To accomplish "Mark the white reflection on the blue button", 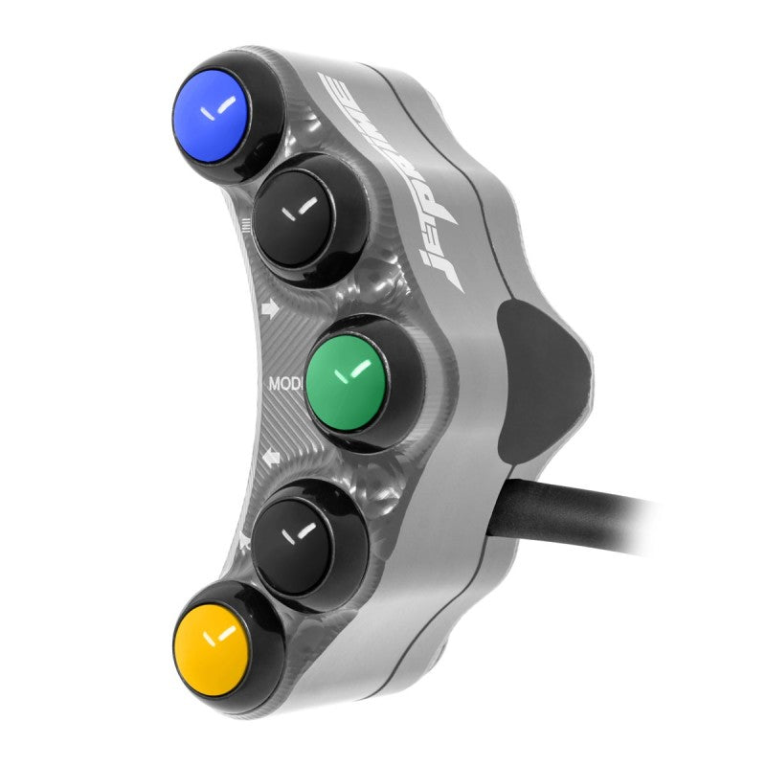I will (219, 109).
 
